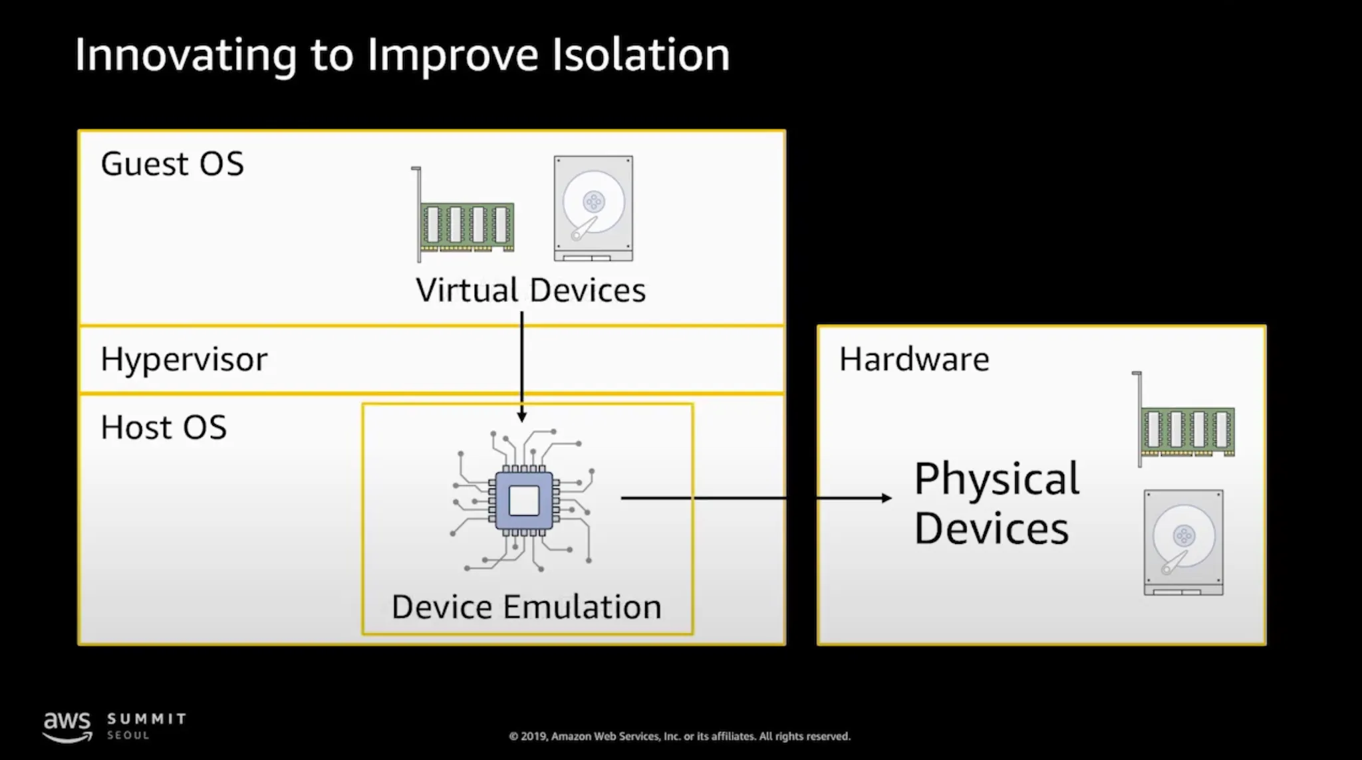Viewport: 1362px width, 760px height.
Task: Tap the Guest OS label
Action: coord(172,164)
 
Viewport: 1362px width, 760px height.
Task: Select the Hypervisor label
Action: coord(184,360)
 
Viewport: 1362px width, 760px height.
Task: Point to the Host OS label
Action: coord(164,428)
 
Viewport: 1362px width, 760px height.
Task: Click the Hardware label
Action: coord(914,360)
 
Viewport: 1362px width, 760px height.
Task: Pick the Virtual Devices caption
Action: coord(531,291)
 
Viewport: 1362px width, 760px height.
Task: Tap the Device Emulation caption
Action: coord(526,607)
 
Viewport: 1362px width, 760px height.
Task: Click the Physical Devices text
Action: coord(996,503)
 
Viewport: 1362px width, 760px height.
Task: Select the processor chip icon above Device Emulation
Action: coord(523,501)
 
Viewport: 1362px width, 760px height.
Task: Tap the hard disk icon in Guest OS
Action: coord(593,208)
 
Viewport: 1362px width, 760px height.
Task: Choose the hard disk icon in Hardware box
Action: coord(1183,542)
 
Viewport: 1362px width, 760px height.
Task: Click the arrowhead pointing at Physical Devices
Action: coord(886,497)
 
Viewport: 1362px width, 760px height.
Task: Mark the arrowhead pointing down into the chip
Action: coord(522,416)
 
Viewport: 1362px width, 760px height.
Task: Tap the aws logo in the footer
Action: coord(67,725)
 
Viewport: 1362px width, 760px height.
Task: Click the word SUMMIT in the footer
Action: coord(147,719)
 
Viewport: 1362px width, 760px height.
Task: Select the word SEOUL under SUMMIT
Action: coord(128,736)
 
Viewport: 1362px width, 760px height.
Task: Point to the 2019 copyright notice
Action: coord(680,736)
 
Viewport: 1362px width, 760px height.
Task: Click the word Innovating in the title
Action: coord(186,55)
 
